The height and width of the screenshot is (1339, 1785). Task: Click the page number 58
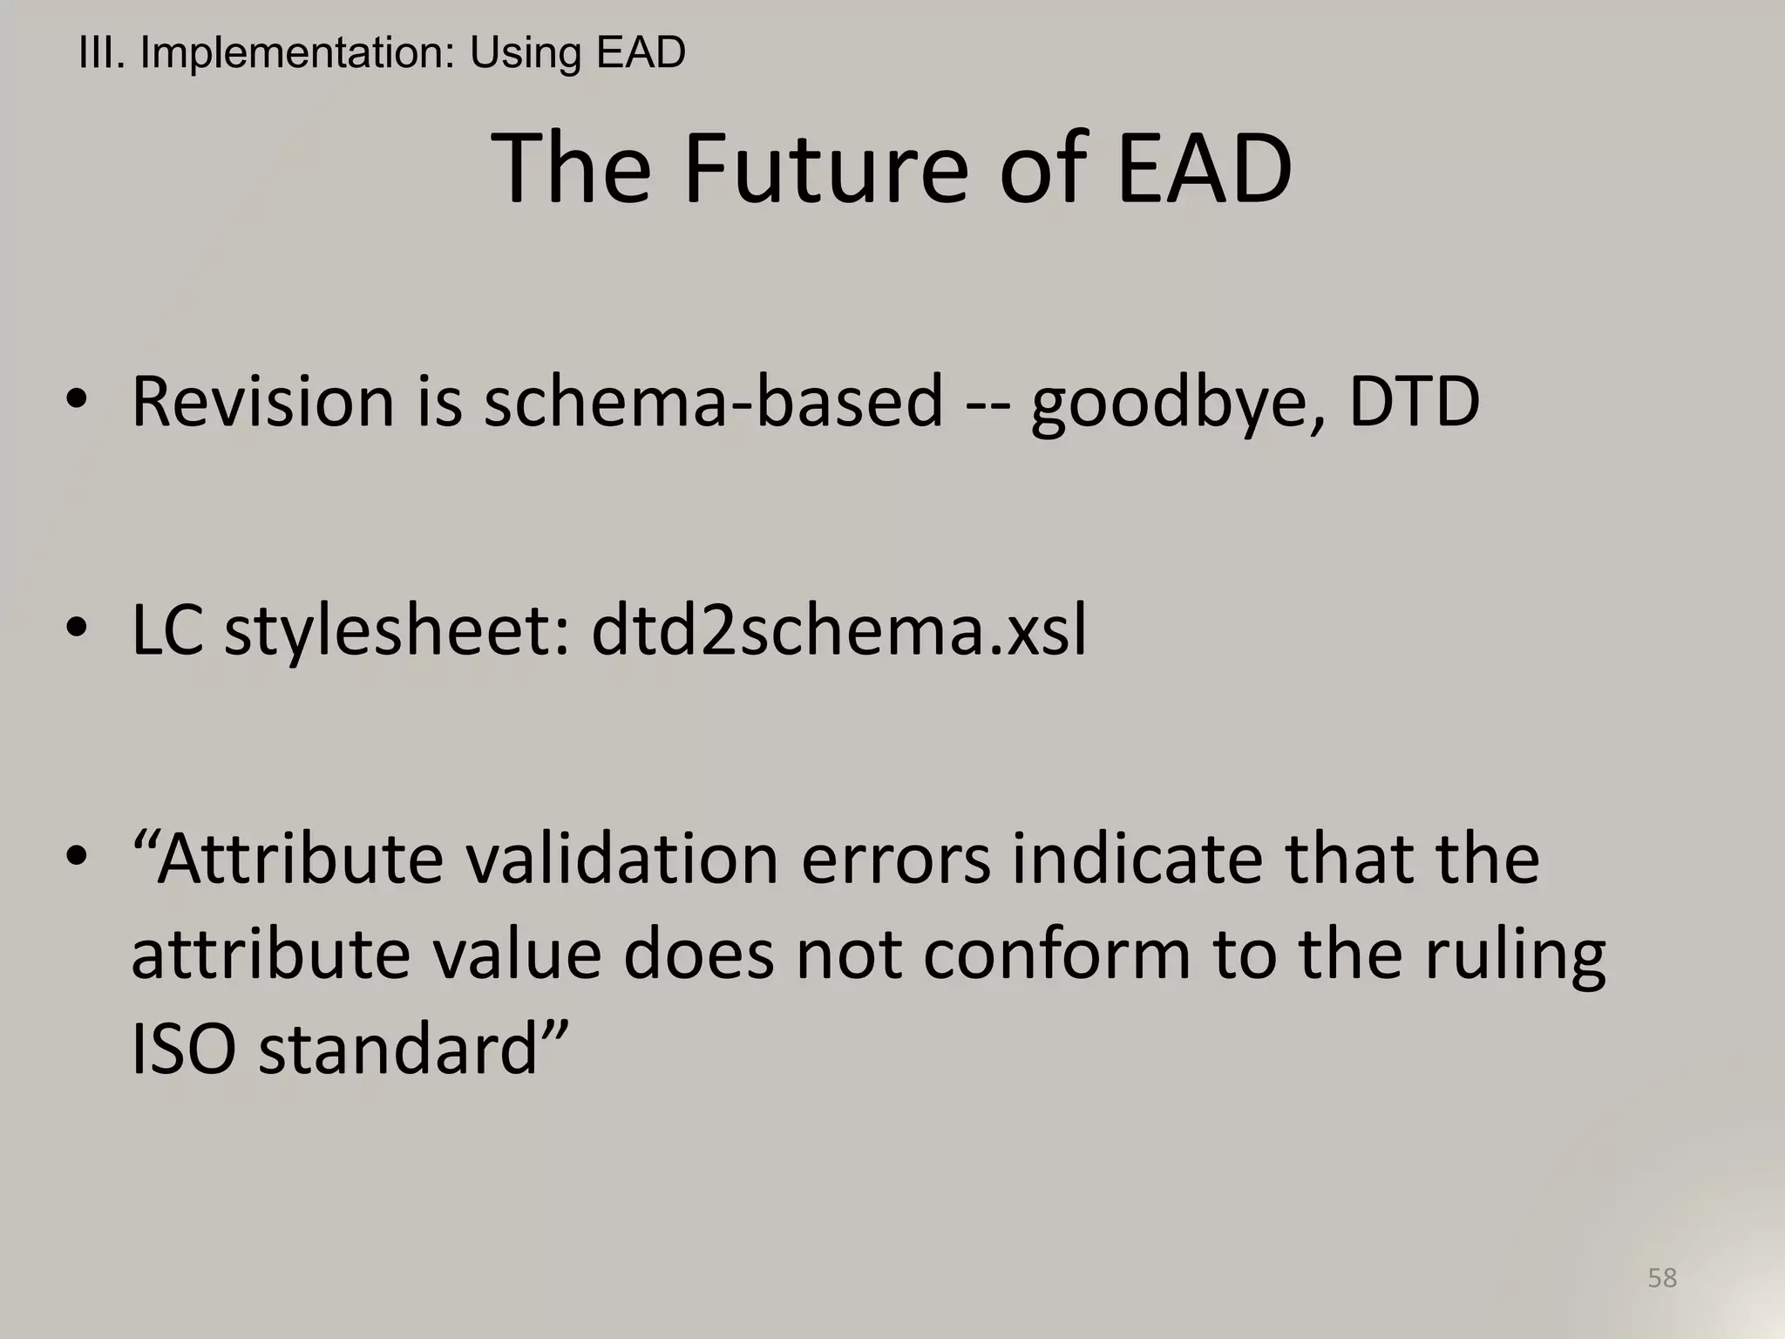click(x=1662, y=1277)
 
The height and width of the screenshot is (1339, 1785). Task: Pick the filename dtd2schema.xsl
click(x=838, y=629)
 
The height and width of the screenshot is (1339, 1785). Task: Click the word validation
click(x=621, y=860)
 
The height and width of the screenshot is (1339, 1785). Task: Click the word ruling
click(x=1515, y=956)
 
